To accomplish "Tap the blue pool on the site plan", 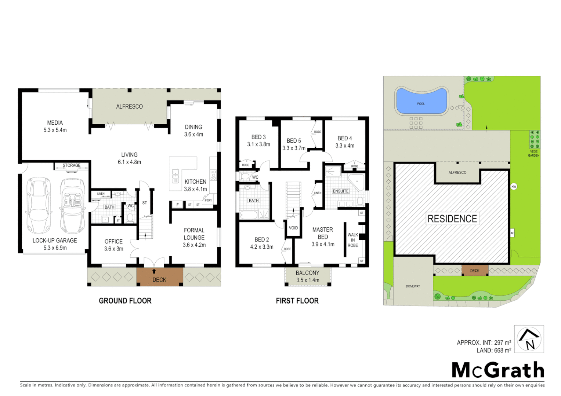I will (421, 101).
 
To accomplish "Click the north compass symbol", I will (529, 339).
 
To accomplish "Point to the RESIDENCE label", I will (452, 219).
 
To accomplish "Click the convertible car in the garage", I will (73, 206).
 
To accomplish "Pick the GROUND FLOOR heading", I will (125, 301).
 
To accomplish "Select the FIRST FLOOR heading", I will (297, 301).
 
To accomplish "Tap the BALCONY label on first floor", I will (308, 273).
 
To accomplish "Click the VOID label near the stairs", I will (293, 228).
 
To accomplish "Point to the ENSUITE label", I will (341, 191).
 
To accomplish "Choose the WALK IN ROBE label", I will (353, 240).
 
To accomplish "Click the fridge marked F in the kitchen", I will (178, 205).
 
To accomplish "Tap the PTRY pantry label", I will (208, 201).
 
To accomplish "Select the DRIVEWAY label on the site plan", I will (413, 286).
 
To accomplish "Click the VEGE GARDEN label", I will (533, 153).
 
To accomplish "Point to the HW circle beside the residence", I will (514, 187).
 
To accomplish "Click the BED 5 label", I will (294, 141).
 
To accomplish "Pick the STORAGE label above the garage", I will (72, 165).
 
